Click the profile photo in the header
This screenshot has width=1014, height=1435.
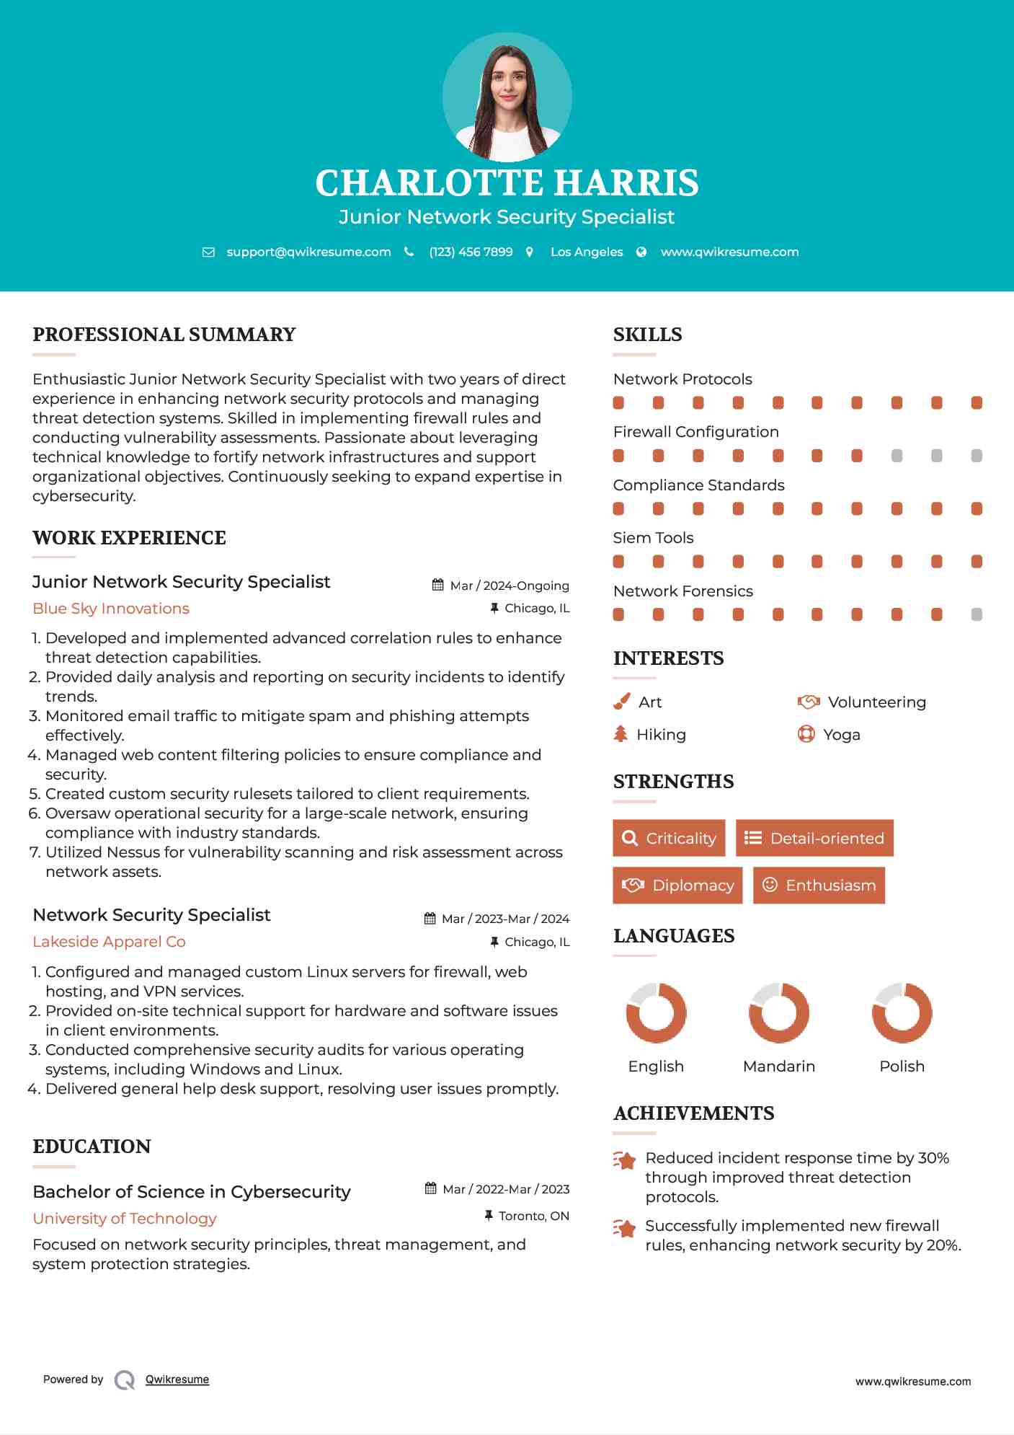pyautogui.click(x=507, y=97)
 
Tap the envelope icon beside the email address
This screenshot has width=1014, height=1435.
pyautogui.click(x=208, y=252)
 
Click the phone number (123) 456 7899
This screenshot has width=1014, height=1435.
pyautogui.click(x=471, y=252)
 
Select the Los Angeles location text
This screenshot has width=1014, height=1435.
pyautogui.click(x=587, y=252)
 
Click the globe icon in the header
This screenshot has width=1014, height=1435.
pyautogui.click(x=641, y=252)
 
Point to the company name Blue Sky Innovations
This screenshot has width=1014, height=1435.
pyautogui.click(x=111, y=609)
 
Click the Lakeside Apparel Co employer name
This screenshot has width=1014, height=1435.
pyautogui.click(x=109, y=942)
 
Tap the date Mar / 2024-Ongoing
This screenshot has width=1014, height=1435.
pyautogui.click(x=510, y=586)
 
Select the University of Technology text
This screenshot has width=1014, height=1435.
pyautogui.click(x=125, y=1219)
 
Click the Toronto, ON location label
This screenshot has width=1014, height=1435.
pyautogui.click(x=534, y=1217)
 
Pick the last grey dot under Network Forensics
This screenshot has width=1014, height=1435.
pyautogui.click(x=977, y=614)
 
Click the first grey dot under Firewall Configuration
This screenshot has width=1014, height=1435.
pyautogui.click(x=897, y=456)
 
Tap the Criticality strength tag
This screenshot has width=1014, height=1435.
pyautogui.click(x=669, y=838)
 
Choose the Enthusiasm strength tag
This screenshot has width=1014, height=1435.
pyautogui.click(x=819, y=886)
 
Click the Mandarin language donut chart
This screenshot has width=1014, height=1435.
pyautogui.click(x=779, y=1012)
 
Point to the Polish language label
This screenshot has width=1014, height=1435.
pyautogui.click(x=902, y=1067)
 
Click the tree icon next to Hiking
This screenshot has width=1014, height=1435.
pyautogui.click(x=621, y=734)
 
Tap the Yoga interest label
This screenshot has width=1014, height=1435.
pyautogui.click(x=842, y=735)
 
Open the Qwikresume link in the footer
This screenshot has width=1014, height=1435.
pyautogui.click(x=177, y=1379)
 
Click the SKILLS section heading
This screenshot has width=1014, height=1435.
pyautogui.click(x=647, y=335)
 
